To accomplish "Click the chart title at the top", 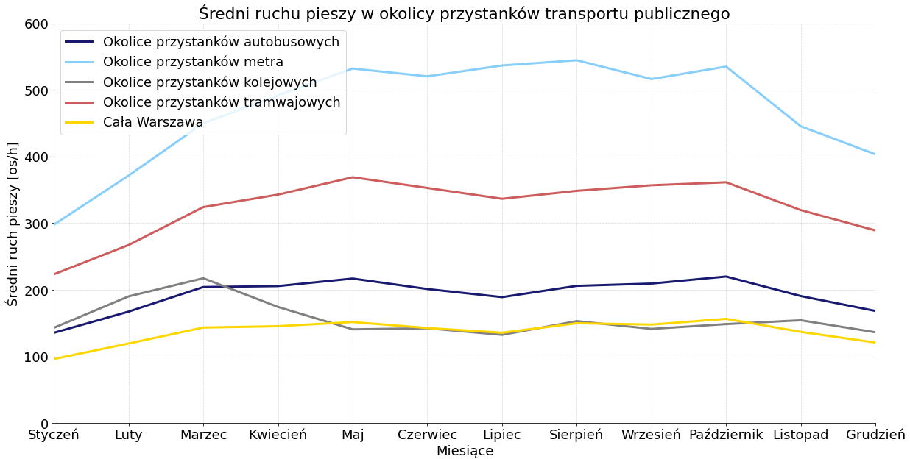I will [464, 13].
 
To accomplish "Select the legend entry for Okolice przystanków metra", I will [193, 62].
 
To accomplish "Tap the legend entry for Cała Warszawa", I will [153, 122].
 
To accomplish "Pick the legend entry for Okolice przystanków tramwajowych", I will [222, 102].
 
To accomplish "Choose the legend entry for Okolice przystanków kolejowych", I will [210, 82].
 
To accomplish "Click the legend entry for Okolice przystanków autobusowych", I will [221, 42].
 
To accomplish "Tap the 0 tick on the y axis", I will [43, 424].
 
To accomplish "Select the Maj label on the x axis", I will [353, 435].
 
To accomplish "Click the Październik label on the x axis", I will [726, 435].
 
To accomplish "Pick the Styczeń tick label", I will [54, 435].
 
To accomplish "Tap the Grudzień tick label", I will [875, 435].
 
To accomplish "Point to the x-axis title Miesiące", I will [465, 451].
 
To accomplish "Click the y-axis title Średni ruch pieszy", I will [13, 224].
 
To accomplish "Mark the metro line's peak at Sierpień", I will [576, 60].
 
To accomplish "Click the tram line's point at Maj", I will [353, 177].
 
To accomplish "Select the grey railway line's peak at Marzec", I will [203, 278].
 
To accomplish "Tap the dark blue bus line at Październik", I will [726, 277].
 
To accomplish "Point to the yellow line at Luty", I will [129, 344].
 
